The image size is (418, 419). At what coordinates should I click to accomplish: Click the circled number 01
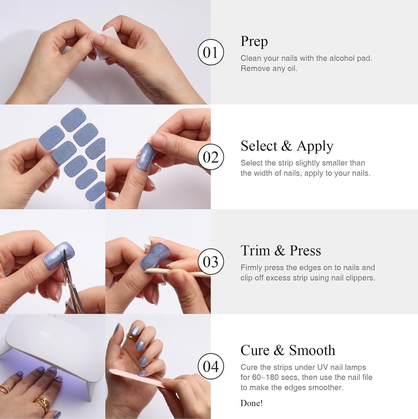click(211, 52)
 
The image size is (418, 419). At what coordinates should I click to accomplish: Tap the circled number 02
click(211, 157)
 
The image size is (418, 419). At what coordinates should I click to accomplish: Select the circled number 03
click(211, 262)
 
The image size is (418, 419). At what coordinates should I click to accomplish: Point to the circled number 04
click(211, 366)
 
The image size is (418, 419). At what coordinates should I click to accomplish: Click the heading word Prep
click(254, 42)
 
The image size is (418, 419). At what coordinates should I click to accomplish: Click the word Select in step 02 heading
click(259, 146)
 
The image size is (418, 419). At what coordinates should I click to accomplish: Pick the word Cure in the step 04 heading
click(255, 350)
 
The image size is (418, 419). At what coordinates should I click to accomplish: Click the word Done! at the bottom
click(251, 403)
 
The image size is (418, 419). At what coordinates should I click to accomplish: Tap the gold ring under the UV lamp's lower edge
click(42, 403)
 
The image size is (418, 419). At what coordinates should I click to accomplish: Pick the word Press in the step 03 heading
click(305, 250)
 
